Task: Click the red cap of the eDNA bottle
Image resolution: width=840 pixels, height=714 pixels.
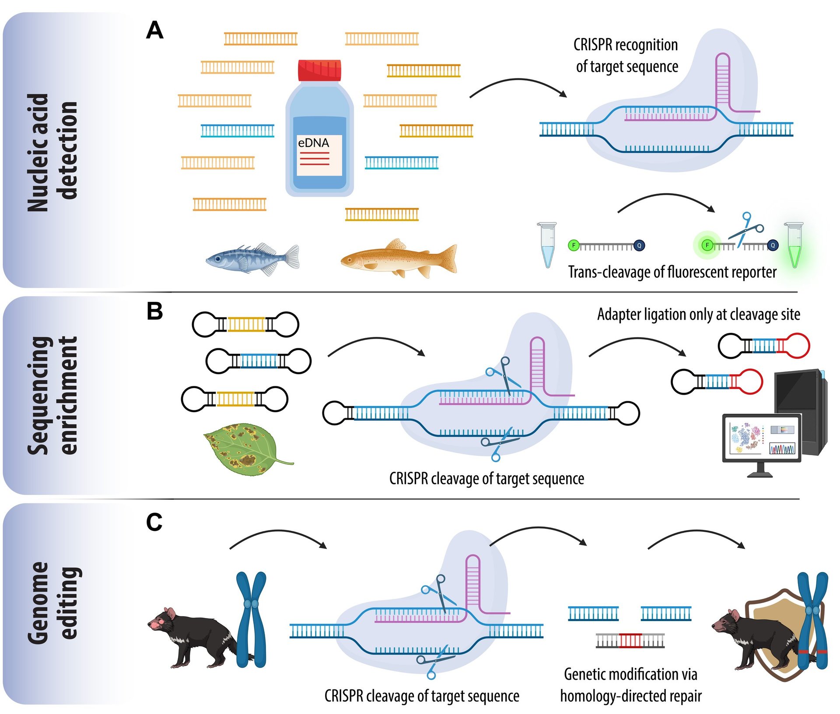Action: (319, 71)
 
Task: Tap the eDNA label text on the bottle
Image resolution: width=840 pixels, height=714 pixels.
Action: (313, 143)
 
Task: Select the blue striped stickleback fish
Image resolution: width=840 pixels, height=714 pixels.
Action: (252, 259)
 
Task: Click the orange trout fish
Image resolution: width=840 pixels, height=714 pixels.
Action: (398, 258)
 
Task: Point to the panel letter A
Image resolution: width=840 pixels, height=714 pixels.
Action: (155, 31)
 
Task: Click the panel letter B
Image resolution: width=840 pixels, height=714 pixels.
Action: (154, 311)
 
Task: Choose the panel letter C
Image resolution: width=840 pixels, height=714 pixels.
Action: (154, 522)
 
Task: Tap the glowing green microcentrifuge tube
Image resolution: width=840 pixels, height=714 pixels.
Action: (794, 245)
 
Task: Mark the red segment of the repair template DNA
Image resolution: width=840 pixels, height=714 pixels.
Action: (630, 640)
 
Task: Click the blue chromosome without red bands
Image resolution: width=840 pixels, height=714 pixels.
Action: (251, 619)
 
